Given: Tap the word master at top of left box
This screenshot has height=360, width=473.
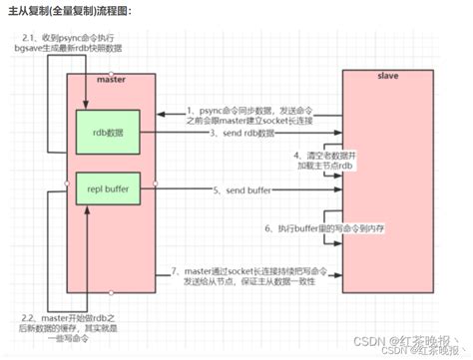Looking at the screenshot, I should tap(109, 77).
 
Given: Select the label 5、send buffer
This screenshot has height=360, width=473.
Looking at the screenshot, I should tap(239, 188).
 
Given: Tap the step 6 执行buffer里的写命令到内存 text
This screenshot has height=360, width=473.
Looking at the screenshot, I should tap(323, 228).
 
